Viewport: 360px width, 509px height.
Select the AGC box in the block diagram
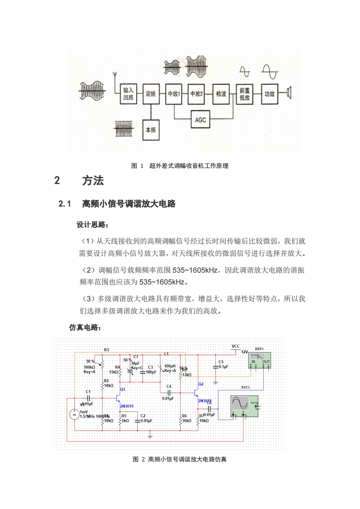(x=201, y=120)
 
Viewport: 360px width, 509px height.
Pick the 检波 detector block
(x=221, y=94)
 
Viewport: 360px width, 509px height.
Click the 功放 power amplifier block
(x=270, y=94)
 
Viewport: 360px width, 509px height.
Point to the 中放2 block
(x=197, y=94)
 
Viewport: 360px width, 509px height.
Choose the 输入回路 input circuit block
(x=128, y=94)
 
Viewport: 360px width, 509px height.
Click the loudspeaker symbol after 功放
(x=288, y=93)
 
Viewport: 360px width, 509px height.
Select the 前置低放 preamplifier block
(x=245, y=94)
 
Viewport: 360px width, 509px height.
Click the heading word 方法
(x=93, y=181)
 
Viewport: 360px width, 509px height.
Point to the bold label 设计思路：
(x=92, y=225)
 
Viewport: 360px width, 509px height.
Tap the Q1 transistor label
(x=123, y=389)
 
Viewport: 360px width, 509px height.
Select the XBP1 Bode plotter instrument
(x=260, y=361)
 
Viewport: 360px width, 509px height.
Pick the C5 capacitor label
(x=221, y=362)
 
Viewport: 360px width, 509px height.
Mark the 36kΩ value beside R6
(x=186, y=421)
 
